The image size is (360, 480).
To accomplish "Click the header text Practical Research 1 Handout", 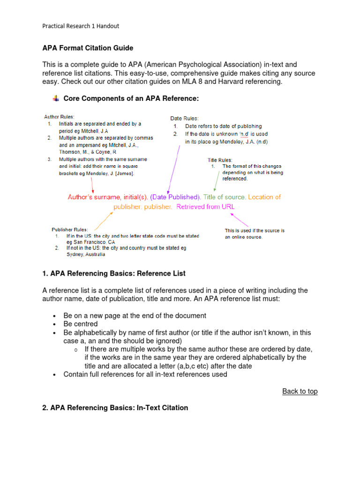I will tap(81, 26).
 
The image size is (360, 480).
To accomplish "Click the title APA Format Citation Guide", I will tap(88, 48).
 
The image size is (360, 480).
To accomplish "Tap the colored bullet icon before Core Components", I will tap(55, 98).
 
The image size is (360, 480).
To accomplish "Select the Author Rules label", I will tap(59, 117).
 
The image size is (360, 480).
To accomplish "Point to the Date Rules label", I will tap(184, 119).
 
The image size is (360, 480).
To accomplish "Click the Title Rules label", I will tap(220, 160).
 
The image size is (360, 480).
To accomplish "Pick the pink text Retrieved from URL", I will tap(206, 207).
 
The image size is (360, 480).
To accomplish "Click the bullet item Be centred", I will tap(81, 324).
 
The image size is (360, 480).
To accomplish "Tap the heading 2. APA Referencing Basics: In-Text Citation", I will tap(115, 408).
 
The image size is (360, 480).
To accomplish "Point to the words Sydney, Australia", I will tap(86, 255).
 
